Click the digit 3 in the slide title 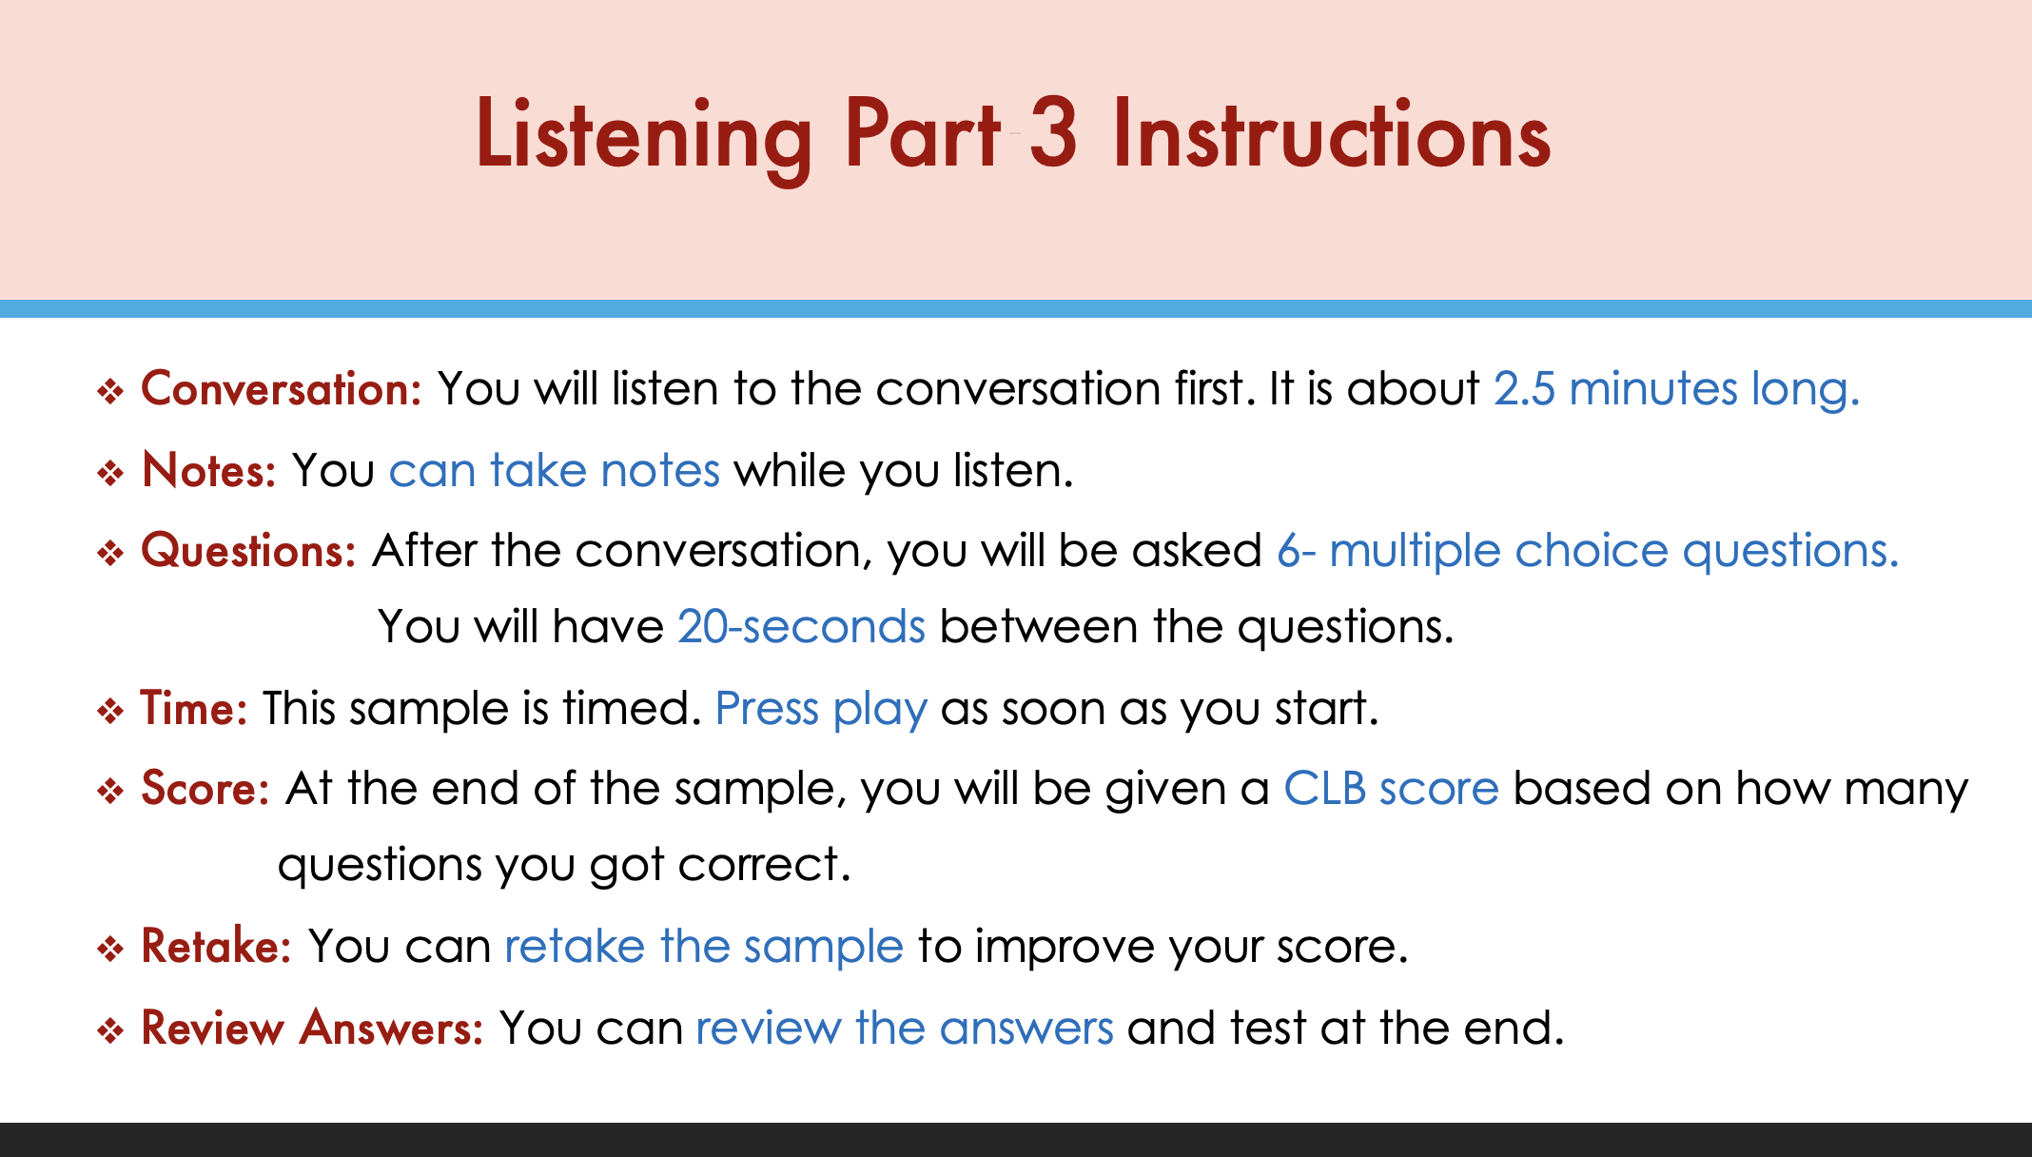pos(1053,134)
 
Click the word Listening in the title pos(644,138)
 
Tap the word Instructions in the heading pos(1332,134)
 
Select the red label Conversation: pos(282,389)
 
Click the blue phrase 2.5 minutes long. pos(1676,389)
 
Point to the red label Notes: pos(209,470)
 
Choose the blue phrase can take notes pos(555,470)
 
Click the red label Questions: pos(248,551)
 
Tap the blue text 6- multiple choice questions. pos(1588,551)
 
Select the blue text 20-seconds pos(801,627)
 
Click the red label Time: pos(194,709)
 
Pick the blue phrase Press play pos(821,710)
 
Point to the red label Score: pos(205,789)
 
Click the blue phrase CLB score pos(1391,789)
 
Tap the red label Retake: pos(216,947)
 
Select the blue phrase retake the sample pos(704,947)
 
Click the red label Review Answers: pos(312,1029)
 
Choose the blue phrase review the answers pos(905,1029)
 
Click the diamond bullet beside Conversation pos(110,391)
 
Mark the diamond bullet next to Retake pos(110,949)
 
